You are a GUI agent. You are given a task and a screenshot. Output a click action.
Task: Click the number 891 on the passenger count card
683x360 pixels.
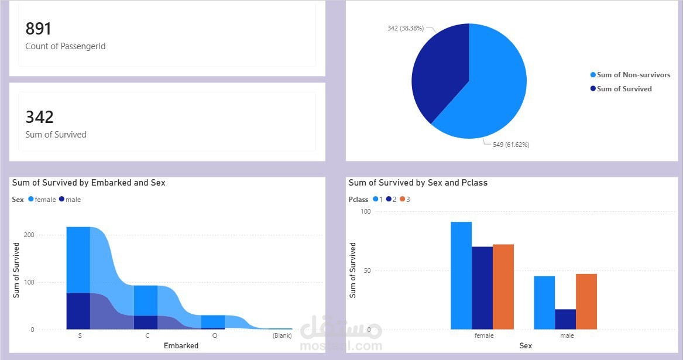pos(39,29)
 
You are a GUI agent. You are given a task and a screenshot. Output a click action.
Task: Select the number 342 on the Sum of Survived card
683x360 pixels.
pos(39,117)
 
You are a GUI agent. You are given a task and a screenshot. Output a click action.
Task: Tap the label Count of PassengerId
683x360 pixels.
pos(66,46)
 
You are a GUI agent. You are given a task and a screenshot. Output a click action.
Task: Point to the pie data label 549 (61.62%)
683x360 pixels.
pos(507,145)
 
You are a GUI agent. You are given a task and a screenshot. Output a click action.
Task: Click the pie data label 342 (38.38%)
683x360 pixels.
pos(404,28)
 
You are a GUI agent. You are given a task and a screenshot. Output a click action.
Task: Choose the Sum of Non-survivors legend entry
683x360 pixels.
pos(633,75)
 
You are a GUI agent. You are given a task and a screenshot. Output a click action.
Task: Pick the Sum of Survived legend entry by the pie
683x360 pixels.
pos(623,89)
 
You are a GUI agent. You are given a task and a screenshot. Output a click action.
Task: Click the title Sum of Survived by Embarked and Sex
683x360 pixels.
pos(89,183)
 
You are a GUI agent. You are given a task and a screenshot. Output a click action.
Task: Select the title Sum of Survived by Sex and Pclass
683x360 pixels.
pos(418,183)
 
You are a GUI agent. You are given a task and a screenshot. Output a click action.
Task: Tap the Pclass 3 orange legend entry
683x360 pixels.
pos(405,200)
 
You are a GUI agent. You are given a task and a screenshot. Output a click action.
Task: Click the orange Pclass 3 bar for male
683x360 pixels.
pos(586,301)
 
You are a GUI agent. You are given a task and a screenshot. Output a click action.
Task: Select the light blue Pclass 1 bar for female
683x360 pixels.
pos(461,276)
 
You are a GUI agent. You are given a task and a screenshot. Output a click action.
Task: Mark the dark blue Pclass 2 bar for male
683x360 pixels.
pos(565,319)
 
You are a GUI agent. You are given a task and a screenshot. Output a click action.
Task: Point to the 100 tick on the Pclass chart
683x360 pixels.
pos(366,211)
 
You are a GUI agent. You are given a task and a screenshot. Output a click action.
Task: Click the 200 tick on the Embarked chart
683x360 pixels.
pos(28,235)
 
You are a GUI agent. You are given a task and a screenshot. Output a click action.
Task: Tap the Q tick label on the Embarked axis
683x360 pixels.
pos(215,336)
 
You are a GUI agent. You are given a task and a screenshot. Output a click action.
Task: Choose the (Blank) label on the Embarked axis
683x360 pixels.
pos(282,336)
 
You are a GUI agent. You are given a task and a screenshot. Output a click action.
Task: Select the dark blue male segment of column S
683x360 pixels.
pos(78,311)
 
